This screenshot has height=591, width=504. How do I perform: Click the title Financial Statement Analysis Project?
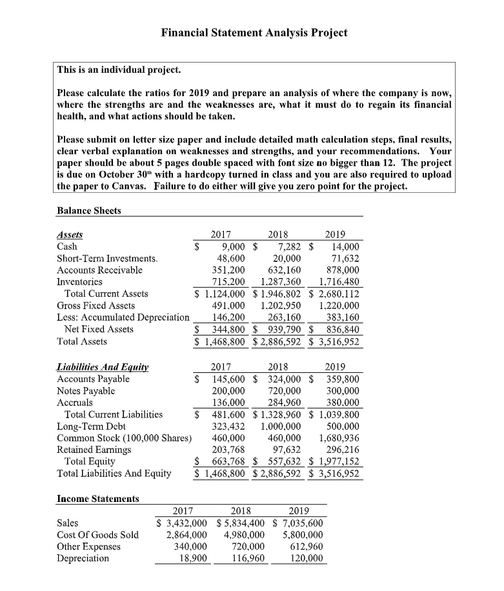click(254, 33)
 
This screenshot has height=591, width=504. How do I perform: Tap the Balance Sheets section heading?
click(89, 210)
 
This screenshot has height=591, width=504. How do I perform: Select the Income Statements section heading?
click(98, 499)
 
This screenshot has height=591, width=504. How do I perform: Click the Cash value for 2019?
click(345, 247)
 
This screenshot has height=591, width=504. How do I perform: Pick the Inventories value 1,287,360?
click(279, 282)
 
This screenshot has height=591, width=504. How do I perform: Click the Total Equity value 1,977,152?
click(336, 461)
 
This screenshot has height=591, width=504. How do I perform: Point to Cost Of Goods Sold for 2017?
click(186, 534)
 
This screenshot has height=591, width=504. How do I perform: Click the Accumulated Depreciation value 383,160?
click(341, 317)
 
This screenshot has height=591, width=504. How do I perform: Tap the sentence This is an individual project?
click(119, 69)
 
